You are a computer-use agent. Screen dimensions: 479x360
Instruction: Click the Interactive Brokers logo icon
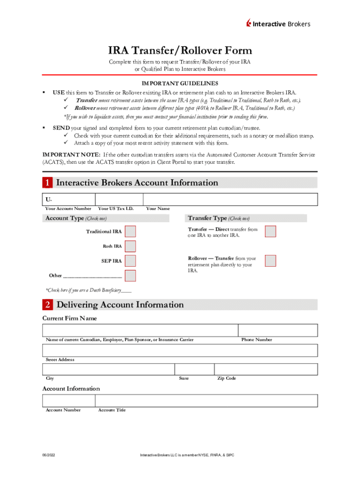pos(249,24)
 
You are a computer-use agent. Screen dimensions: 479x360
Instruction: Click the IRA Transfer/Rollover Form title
pos(180,51)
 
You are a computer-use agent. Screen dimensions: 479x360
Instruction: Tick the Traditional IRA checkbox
pos(130,232)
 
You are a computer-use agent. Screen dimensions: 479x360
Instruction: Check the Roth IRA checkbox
pos(130,246)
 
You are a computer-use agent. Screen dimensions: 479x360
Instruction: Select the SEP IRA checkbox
pos(130,261)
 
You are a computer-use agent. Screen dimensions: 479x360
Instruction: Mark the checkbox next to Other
pos(130,276)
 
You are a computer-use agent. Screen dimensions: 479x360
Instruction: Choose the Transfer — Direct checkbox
pos(270,232)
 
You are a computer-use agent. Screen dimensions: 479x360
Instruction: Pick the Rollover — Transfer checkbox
pos(270,261)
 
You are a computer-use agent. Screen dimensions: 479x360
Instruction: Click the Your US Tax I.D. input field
pos(119,199)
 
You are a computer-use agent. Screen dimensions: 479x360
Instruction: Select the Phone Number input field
pos(278,330)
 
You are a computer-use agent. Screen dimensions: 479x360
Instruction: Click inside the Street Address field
pos(180,350)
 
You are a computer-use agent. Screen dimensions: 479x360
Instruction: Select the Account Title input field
pos(206,400)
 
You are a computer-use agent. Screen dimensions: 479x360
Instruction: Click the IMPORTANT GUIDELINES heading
pos(180,84)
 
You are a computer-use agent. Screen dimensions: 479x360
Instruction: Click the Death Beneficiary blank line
pos(126,290)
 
